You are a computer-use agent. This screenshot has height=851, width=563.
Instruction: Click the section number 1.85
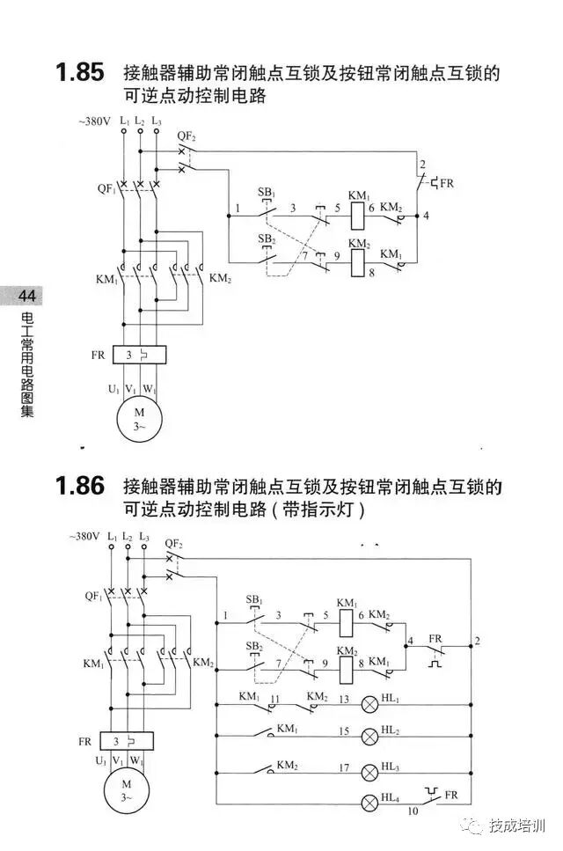(x=79, y=73)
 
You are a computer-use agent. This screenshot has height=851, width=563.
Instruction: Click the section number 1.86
(x=79, y=486)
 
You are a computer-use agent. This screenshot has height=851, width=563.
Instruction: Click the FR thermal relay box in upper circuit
(x=137, y=356)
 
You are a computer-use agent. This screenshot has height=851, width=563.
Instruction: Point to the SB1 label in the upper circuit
(x=266, y=193)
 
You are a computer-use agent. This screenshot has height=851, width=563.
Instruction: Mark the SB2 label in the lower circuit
(x=254, y=646)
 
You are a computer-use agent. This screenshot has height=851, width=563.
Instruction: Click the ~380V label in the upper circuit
(x=95, y=121)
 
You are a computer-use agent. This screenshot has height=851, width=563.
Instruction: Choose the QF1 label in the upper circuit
(x=106, y=188)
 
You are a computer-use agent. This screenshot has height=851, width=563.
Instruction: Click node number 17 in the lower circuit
(x=346, y=767)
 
